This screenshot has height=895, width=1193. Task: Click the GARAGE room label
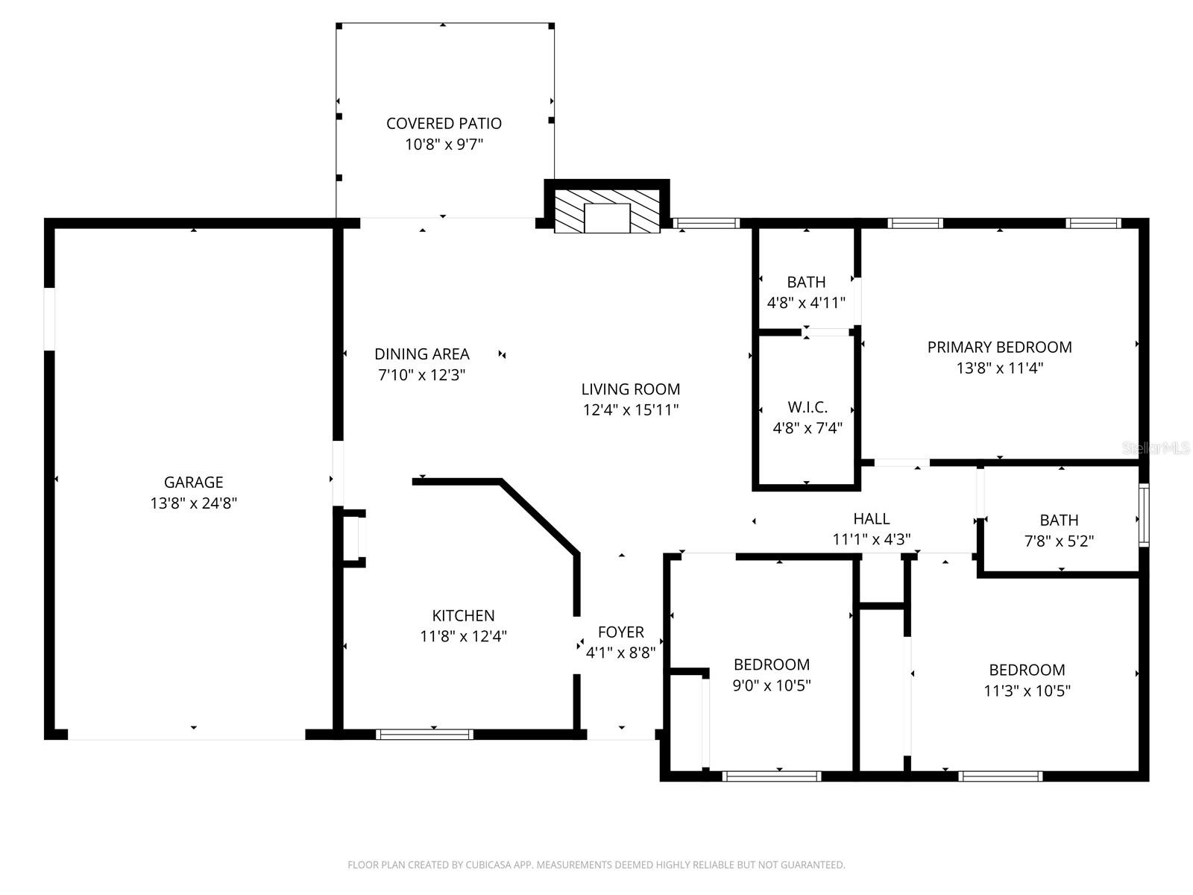[x=193, y=482]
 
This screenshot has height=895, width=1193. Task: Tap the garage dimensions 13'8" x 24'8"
[x=193, y=503]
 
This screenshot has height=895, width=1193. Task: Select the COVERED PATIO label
[x=444, y=123]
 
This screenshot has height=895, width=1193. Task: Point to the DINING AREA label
[x=421, y=354]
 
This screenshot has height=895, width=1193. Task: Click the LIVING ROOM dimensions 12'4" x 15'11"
[x=631, y=410]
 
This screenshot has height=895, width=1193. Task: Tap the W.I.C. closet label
[x=808, y=407]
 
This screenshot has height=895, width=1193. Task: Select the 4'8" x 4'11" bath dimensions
[x=806, y=303]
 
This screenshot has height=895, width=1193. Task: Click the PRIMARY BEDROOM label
[x=999, y=347]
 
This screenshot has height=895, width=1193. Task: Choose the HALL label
[x=871, y=518]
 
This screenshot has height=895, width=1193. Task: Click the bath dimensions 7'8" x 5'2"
[x=1059, y=541]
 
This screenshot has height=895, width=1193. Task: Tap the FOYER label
[x=620, y=632]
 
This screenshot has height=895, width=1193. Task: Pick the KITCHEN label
[x=463, y=615]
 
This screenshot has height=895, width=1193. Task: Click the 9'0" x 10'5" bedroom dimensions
[x=772, y=685]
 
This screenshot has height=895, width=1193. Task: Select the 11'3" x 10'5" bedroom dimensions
[x=1027, y=691]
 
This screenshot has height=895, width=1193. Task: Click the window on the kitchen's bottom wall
[x=424, y=735]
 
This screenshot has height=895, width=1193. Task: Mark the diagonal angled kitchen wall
[x=540, y=516]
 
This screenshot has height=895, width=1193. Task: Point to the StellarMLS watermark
[x=1156, y=447]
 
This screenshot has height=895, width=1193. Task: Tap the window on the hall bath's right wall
[x=1143, y=515]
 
